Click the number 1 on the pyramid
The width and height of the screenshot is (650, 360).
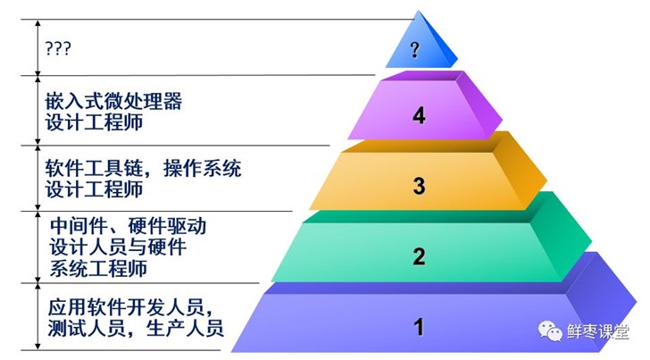(x=418, y=327)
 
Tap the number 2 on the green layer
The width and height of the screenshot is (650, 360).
(x=419, y=257)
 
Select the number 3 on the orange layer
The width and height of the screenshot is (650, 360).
(x=419, y=187)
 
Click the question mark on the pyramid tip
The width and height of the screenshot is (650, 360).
(x=415, y=49)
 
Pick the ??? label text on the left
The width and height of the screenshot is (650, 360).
(x=58, y=46)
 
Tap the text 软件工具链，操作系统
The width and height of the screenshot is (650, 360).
(x=143, y=169)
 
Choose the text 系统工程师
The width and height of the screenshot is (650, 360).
(x=97, y=267)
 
